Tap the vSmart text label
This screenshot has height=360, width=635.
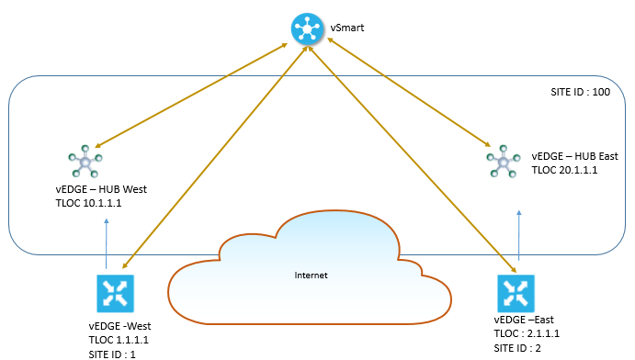coord(347,28)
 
